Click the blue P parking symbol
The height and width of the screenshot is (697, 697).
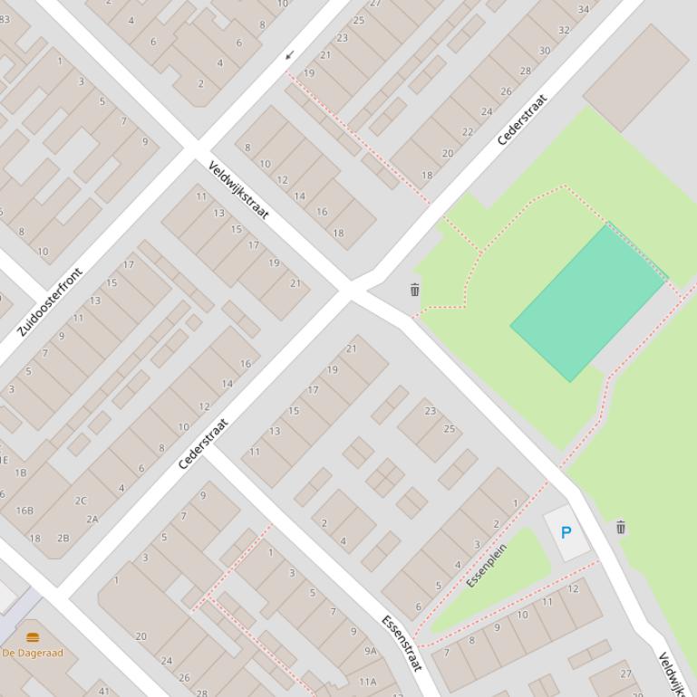coord(566,532)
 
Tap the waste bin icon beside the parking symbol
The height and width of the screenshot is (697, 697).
coord(621,527)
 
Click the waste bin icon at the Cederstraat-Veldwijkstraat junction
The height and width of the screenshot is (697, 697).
coord(414,290)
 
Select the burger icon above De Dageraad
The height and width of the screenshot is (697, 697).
coord(33,637)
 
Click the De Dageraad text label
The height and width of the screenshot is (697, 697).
coord(33,653)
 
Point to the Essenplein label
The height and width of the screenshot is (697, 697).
coord(487,566)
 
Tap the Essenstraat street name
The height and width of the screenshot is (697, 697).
coord(402,644)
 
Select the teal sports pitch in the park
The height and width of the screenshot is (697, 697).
coord(587,303)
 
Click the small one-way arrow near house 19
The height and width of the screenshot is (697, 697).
coord(290,56)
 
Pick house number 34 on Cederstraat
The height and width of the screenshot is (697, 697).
coord(583,10)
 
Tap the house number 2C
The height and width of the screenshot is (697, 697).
coord(82,501)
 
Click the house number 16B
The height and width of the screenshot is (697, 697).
coord(24,511)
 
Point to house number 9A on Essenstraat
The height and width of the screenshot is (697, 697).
coord(370,651)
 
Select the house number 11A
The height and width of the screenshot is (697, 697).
coord(367,683)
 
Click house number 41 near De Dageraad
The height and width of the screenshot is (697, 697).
coord(103,692)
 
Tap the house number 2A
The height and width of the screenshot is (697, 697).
coord(92,520)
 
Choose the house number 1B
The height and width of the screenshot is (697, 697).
coord(20,473)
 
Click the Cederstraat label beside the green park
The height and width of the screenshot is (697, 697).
coord(523,119)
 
